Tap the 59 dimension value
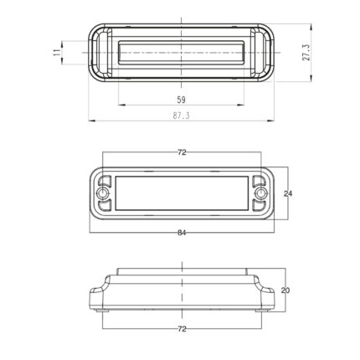click(x=182, y=99)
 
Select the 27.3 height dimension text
click(x=306, y=53)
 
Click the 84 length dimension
click(x=182, y=232)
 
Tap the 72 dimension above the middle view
click(x=182, y=152)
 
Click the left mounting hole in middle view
click(x=103, y=194)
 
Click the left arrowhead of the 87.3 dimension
click(x=90, y=121)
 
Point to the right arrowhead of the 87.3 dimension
click(x=274, y=121)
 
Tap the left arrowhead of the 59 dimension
click(x=121, y=105)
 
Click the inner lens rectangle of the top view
click(x=182, y=53)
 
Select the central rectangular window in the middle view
click(x=182, y=194)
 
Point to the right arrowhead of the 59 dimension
click(x=244, y=105)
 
